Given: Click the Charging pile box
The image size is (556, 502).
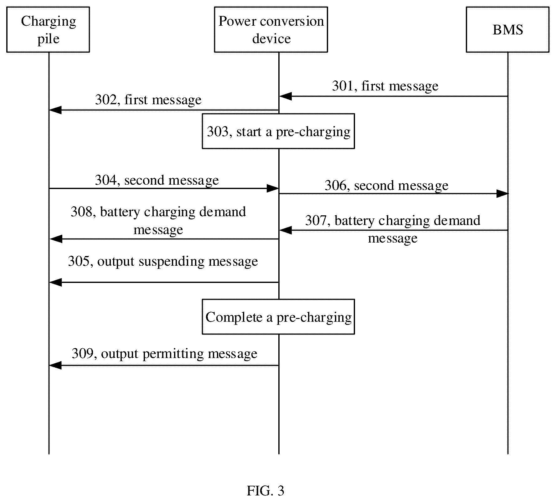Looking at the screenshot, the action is pyautogui.click(x=48, y=29).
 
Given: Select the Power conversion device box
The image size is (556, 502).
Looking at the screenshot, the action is pyautogui.click(x=271, y=29).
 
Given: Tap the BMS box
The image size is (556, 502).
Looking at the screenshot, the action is pyautogui.click(x=507, y=29).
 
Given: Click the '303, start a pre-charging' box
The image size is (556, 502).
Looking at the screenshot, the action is pyautogui.click(x=278, y=131).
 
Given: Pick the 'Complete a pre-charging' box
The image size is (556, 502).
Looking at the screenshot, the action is pyautogui.click(x=278, y=317).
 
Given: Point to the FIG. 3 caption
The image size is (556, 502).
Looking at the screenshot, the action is pyautogui.click(x=265, y=490).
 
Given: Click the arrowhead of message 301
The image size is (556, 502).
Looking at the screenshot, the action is pyautogui.click(x=285, y=96).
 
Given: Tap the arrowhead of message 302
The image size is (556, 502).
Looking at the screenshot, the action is pyautogui.click(x=55, y=110).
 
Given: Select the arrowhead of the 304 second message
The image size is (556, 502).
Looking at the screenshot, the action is pyautogui.click(x=272, y=188).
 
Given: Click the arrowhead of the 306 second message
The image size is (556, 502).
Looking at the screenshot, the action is pyautogui.click(x=502, y=194).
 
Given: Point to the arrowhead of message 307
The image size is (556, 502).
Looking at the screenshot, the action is pyautogui.click(x=285, y=230).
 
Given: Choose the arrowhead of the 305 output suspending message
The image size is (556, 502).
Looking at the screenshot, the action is pyautogui.click(x=55, y=282).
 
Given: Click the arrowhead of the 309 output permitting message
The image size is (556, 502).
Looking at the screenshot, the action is pyautogui.click(x=55, y=365).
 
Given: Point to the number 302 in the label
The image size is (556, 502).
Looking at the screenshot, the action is pyautogui.click(x=106, y=100).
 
